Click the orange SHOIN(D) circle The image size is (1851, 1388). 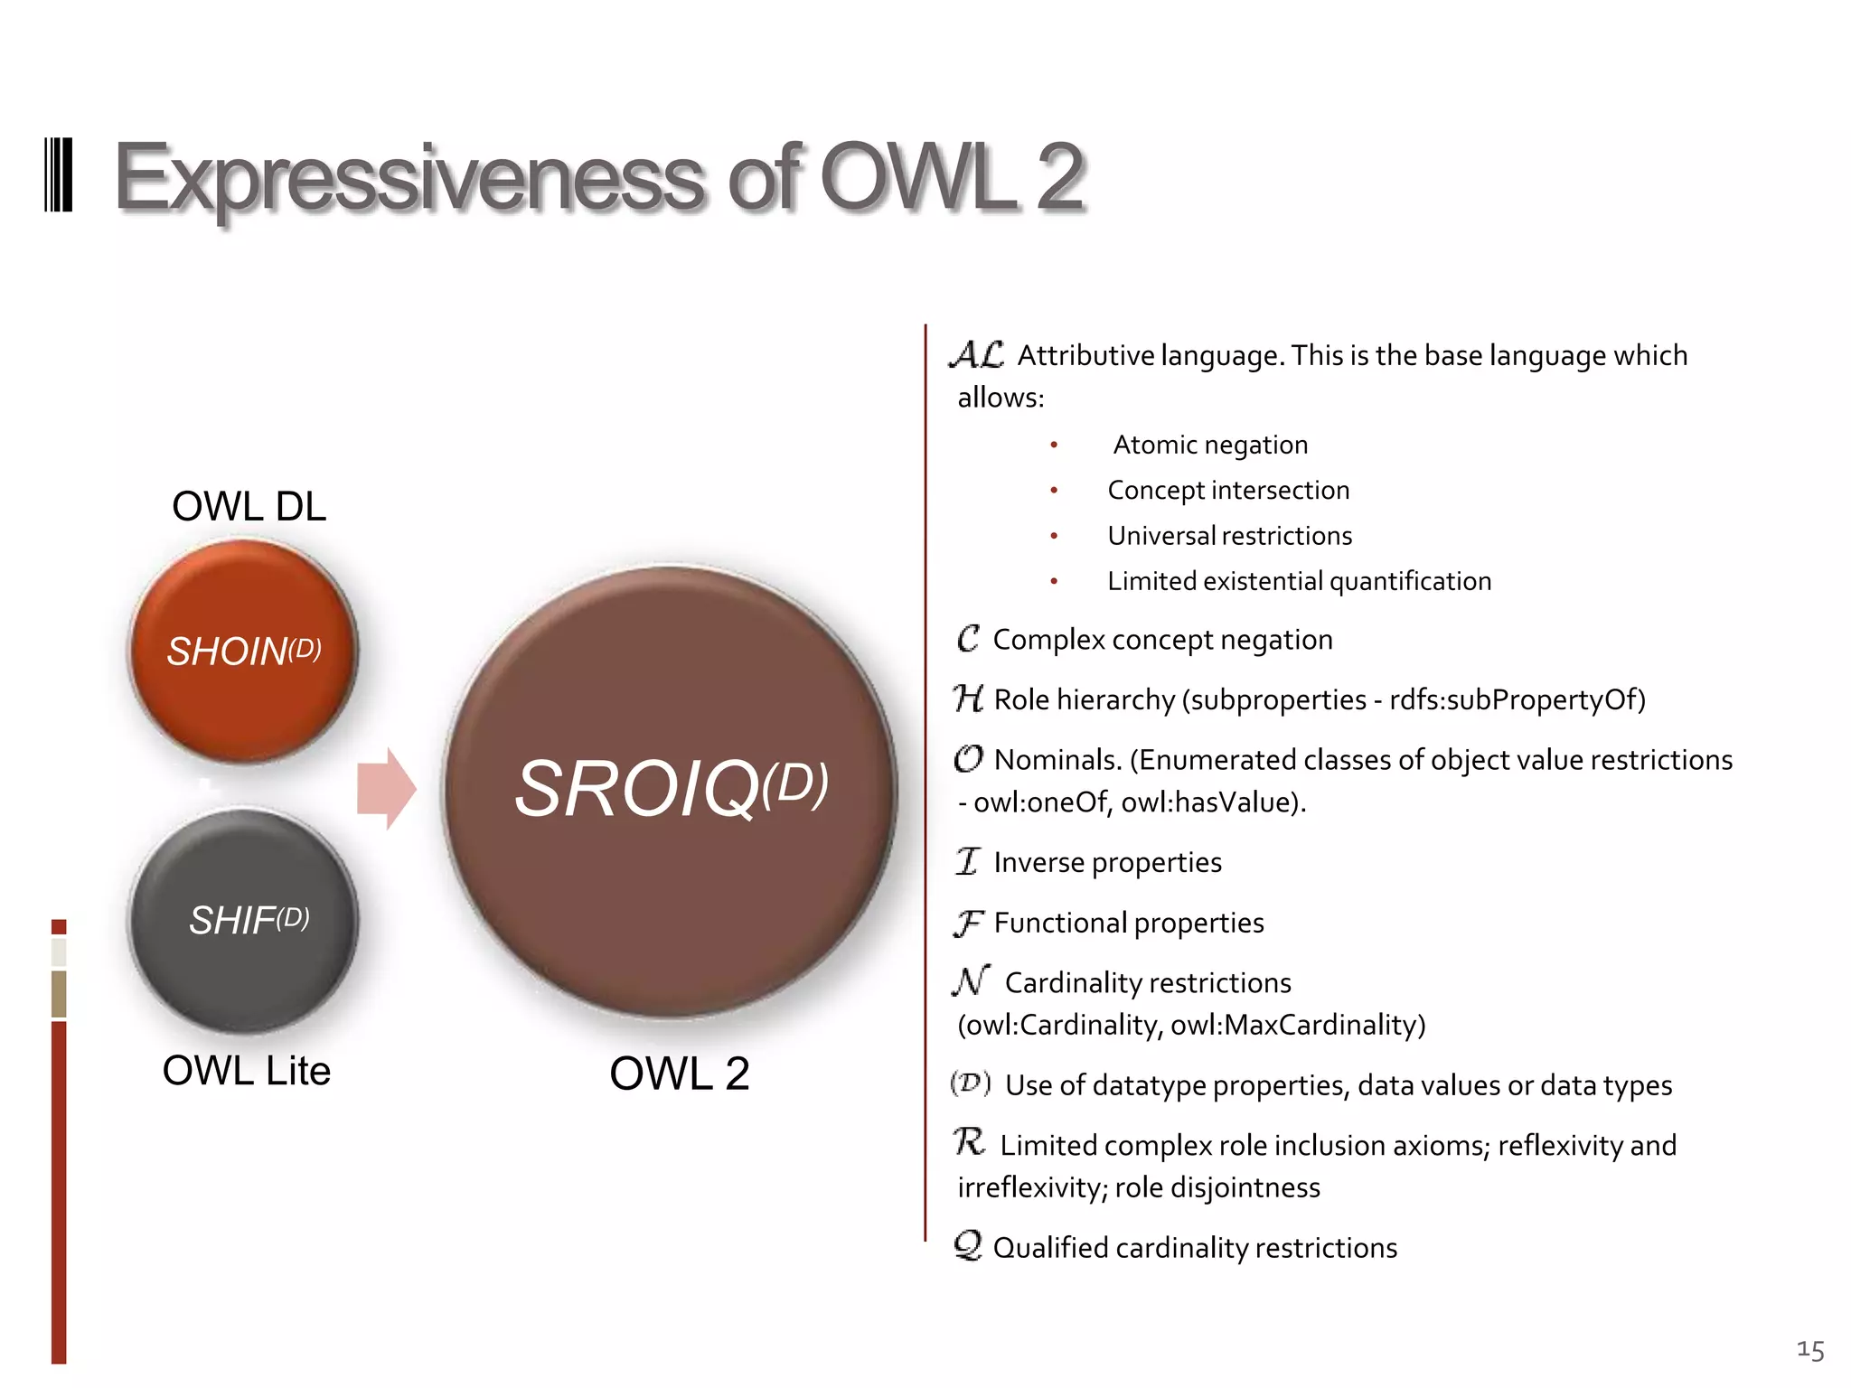(243, 651)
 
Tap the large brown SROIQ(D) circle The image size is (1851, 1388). (670, 791)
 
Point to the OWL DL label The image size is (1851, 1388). (249, 506)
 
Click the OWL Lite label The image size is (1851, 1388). (246, 1071)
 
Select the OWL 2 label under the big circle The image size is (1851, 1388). (680, 1074)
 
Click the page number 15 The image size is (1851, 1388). (1810, 1350)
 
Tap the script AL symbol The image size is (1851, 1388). (977, 354)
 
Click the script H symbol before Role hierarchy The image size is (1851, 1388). (968, 699)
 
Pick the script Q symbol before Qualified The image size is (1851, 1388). (968, 1246)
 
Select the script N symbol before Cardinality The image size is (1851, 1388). (972, 980)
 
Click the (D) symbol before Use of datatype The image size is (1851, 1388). (971, 1083)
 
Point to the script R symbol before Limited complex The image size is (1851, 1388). (969, 1142)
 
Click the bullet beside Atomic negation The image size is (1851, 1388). (1054, 445)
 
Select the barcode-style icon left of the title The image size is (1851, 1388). (58, 175)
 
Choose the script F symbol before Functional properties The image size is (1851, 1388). (968, 923)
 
